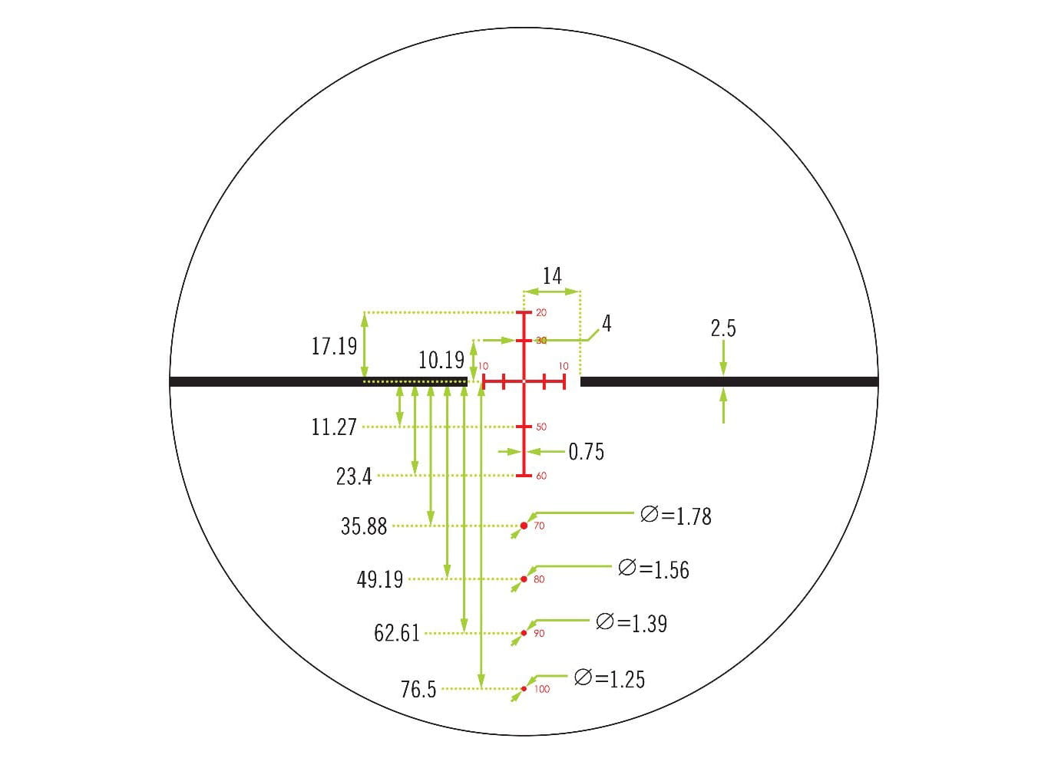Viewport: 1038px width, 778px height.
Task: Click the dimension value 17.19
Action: (334, 346)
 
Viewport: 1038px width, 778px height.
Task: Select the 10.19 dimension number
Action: (441, 361)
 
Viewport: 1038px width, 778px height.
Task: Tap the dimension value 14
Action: (552, 276)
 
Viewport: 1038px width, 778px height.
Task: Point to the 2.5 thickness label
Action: (723, 328)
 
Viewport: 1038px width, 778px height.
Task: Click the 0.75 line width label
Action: (586, 452)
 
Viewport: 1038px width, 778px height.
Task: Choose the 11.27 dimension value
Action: (334, 427)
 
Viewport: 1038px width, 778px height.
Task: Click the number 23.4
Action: (354, 476)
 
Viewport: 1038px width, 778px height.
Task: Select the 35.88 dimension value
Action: (364, 526)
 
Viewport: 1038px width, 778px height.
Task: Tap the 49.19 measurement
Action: (380, 579)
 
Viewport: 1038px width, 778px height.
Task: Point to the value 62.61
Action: (397, 633)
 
